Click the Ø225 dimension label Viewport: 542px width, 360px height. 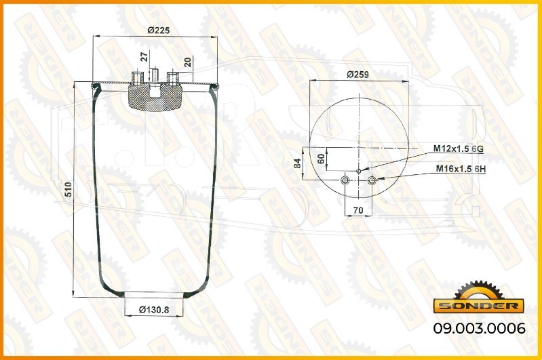159,31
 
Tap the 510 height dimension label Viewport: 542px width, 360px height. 68,190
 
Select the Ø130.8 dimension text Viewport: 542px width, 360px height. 154,310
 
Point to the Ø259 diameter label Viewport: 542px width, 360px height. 357,75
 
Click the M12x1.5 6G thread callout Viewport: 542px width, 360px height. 459,148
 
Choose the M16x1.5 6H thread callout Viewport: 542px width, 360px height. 461,169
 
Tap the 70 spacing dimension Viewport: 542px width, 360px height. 358,210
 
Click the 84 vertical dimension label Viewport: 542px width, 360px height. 297,163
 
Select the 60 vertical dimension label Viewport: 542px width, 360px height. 321,159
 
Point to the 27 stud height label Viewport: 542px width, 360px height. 145,56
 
